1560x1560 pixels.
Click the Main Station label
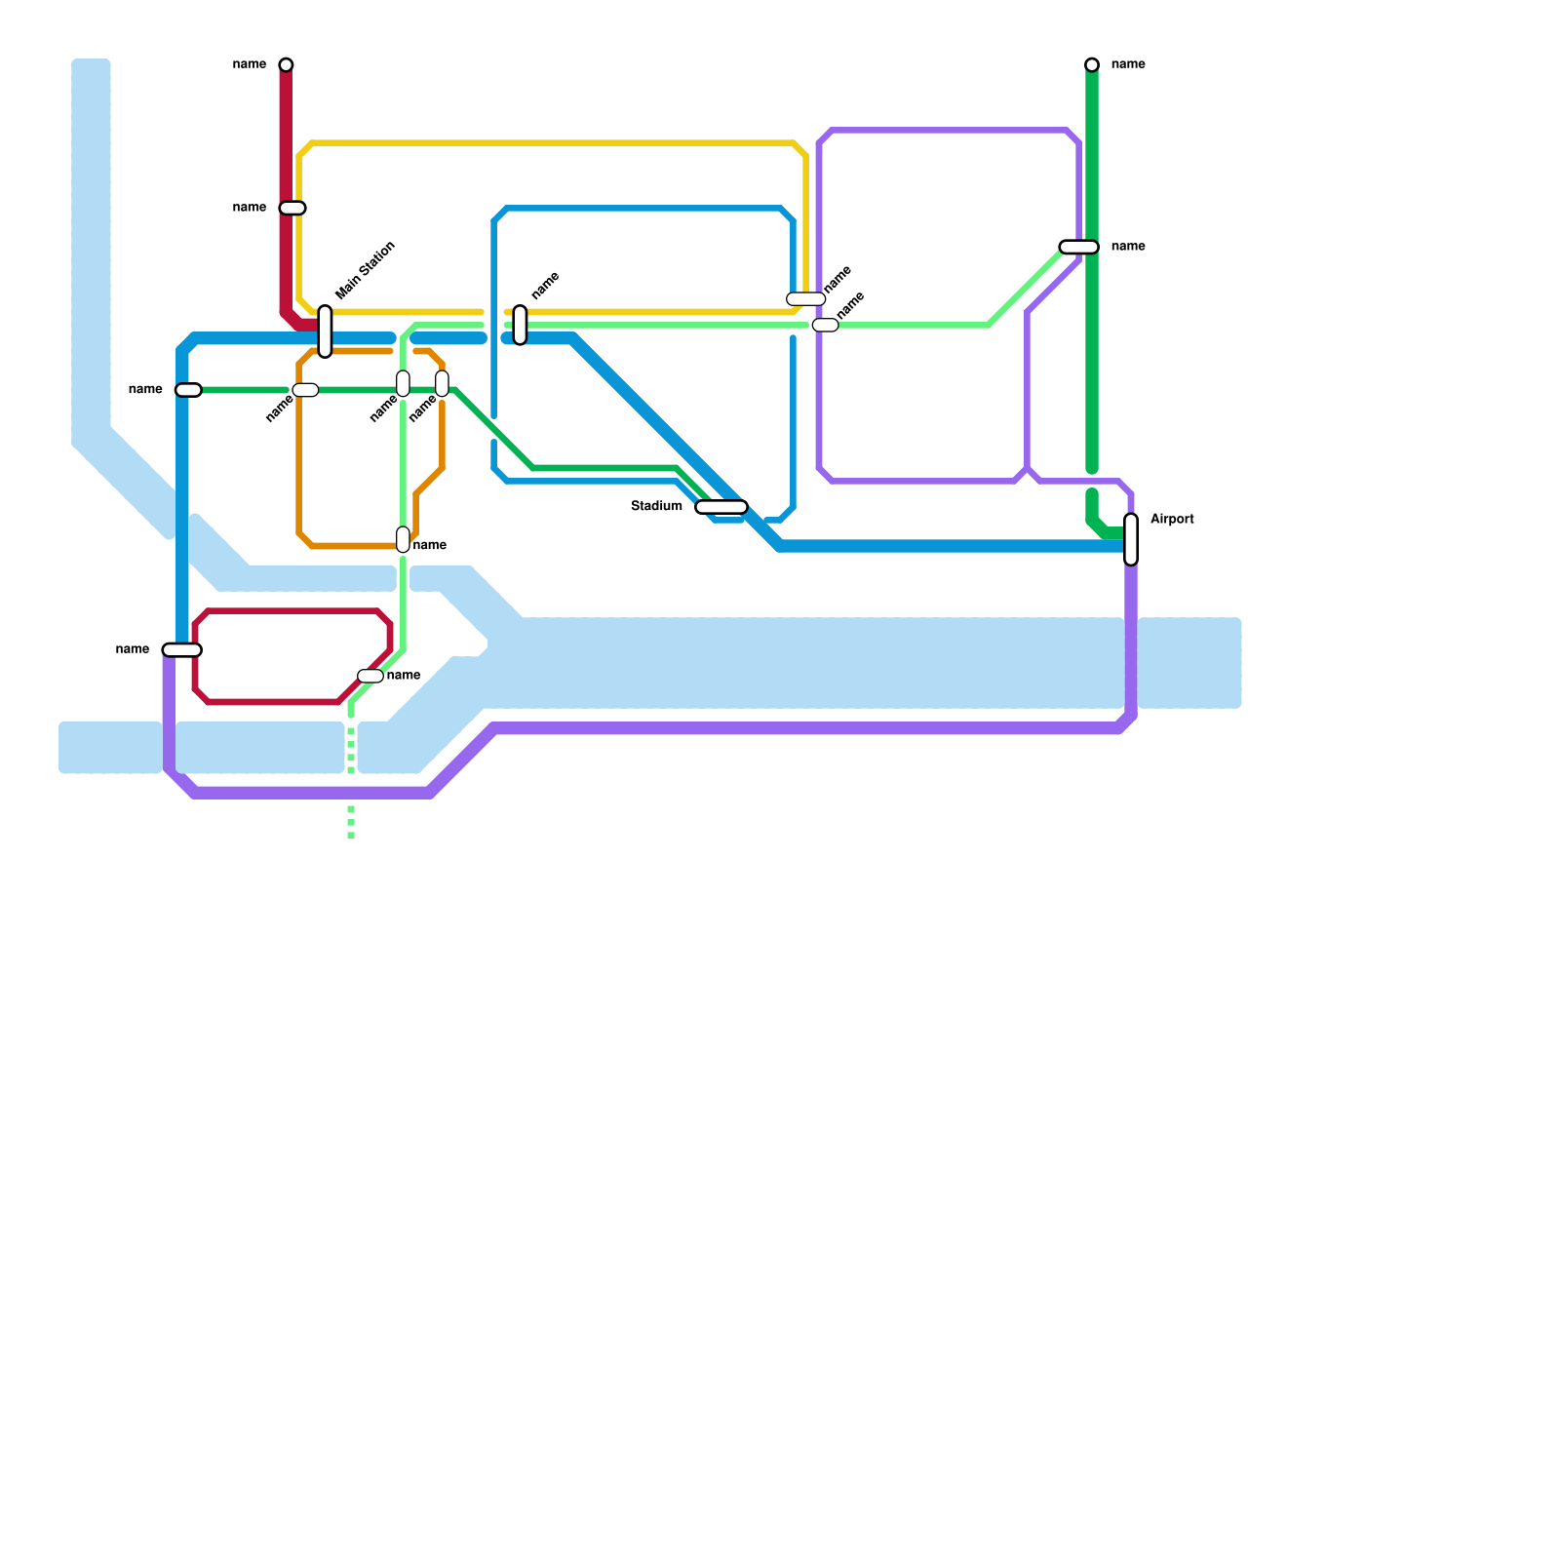366,270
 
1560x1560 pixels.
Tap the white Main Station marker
325,331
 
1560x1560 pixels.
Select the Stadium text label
656,506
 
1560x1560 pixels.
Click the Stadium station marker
721,507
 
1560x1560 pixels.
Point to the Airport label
1172,520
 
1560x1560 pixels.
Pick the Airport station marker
1131,539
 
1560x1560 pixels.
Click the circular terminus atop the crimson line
286,64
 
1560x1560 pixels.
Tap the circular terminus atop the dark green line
1092,64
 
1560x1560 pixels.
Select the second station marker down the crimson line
292,208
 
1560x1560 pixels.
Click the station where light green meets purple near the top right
1079,247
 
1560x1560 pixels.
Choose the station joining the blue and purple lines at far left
182,649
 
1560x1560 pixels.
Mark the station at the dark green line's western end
188,390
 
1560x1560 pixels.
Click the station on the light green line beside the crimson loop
370,676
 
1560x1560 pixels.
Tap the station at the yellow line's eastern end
806,299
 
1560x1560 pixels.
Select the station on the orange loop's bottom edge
403,539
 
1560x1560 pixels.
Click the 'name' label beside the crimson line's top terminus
250,64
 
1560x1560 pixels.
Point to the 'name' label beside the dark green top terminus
1128,64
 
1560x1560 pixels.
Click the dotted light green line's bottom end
351,836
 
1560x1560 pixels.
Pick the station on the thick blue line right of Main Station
521,325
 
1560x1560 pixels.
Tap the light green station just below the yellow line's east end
825,325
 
